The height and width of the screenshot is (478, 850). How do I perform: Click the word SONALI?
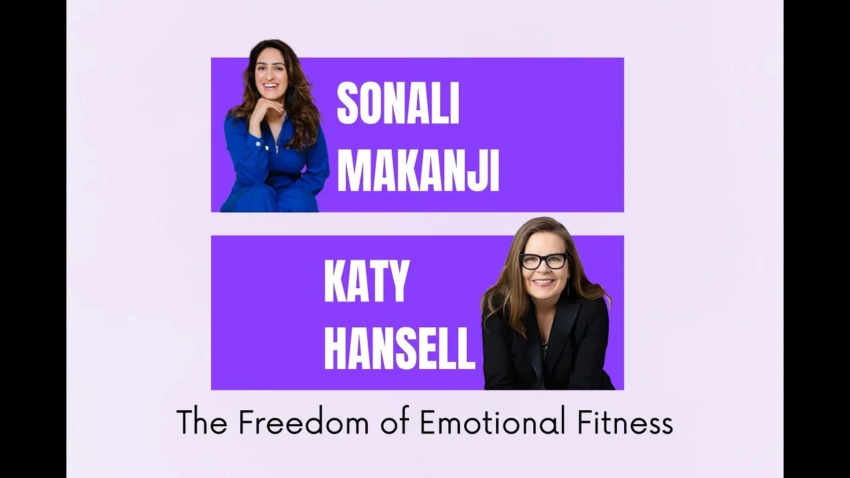(x=398, y=104)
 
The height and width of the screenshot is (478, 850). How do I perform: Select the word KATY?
(x=365, y=282)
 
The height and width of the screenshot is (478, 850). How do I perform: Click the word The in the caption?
(x=201, y=423)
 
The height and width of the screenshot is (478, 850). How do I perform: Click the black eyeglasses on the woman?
(x=544, y=261)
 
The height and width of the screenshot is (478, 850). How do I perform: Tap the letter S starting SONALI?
(x=348, y=104)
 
